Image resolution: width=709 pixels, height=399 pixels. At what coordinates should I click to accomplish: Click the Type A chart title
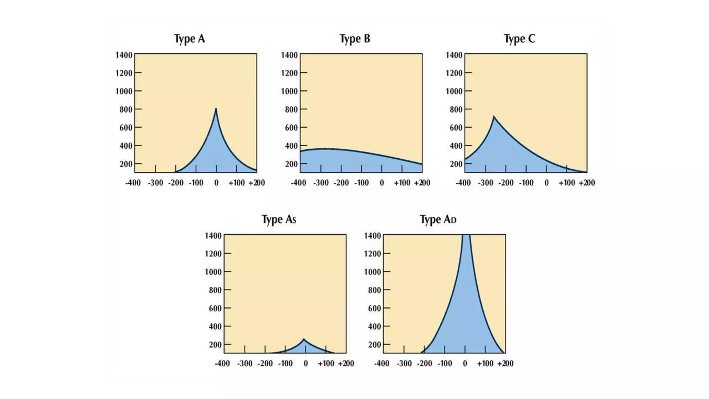[189, 39]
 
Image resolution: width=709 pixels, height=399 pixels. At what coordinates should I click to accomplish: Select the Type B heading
[355, 39]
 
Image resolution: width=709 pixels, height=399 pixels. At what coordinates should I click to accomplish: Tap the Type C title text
[519, 39]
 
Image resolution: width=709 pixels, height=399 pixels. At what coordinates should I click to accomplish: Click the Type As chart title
[279, 220]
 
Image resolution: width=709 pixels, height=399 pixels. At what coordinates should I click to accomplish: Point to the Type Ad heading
[438, 220]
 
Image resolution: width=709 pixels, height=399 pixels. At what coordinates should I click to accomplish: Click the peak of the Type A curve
[216, 109]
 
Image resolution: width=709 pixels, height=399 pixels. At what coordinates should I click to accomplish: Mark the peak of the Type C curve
[494, 117]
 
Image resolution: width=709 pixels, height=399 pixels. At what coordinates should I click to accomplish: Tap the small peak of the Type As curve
[304, 339]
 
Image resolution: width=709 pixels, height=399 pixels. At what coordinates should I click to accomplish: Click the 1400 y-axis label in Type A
[124, 55]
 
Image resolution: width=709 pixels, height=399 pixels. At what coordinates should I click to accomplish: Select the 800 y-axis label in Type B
[291, 109]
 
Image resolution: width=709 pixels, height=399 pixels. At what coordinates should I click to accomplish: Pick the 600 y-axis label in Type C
[456, 127]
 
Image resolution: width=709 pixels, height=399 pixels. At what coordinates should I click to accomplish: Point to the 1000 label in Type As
[213, 272]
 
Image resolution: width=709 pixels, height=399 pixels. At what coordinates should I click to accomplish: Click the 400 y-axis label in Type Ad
[374, 326]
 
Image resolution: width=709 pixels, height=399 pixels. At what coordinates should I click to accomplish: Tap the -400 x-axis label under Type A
[133, 183]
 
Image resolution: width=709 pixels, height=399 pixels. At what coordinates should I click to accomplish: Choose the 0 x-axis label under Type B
[382, 183]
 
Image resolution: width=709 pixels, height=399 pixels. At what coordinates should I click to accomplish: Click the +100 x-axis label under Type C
[567, 183]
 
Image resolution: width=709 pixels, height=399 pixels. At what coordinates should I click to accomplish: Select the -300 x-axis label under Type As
[244, 364]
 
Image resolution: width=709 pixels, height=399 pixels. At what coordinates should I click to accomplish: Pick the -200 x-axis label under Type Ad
[424, 364]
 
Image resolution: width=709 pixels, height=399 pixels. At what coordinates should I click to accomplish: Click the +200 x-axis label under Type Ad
[505, 364]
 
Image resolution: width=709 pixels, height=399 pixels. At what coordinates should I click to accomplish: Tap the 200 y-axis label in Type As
[215, 345]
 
